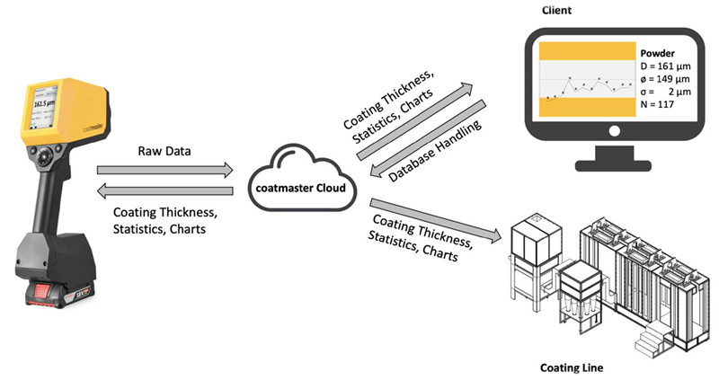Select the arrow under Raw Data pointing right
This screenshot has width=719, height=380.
[165, 169]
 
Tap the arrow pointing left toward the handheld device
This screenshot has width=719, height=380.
[165, 189]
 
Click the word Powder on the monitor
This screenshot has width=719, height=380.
[659, 52]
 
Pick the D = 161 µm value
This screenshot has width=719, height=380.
[669, 66]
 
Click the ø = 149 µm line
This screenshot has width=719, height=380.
[669, 79]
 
